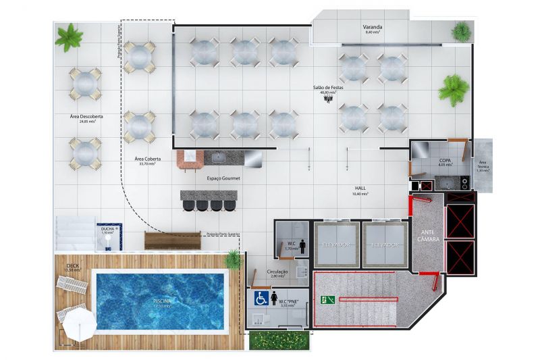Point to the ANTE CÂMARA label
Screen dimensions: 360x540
coord(428,236)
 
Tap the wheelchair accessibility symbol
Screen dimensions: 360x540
coord(261,298)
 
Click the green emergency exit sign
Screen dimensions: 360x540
coord(328,299)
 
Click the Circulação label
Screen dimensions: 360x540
coord(277,272)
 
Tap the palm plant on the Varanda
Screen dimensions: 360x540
coord(462,30)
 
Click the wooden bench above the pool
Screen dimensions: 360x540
coord(173,240)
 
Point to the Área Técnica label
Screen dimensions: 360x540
coord(483,165)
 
